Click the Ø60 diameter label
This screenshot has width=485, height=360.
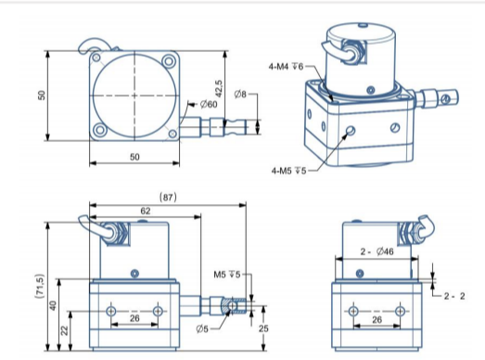(x=209, y=104)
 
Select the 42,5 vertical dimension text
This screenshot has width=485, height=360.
(x=219, y=88)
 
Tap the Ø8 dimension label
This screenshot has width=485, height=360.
(x=240, y=94)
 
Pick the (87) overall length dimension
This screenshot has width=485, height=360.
(x=168, y=197)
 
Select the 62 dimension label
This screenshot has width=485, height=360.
(x=146, y=211)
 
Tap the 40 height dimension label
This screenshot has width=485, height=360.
(x=53, y=305)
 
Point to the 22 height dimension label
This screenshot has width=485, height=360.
(x=64, y=330)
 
